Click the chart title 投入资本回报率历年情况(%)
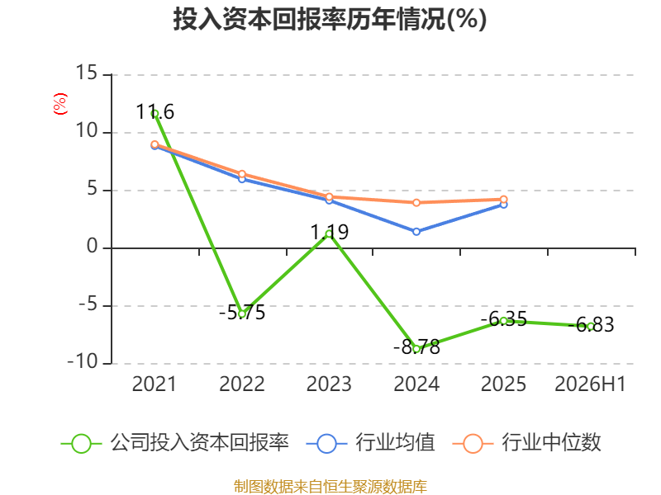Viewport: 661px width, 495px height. (330, 19)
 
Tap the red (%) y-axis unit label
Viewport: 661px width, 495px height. (59, 104)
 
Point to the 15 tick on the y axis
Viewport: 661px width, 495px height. (87, 73)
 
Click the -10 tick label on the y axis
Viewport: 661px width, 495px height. (83, 361)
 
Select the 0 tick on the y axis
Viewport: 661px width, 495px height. (93, 246)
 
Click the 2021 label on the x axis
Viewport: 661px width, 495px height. (154, 384)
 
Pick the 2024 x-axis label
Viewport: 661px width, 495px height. (416, 384)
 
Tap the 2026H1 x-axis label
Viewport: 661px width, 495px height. (590, 384)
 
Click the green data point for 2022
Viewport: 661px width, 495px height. (242, 314)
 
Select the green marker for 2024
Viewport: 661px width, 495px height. (416, 349)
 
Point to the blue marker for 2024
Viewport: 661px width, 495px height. (416, 232)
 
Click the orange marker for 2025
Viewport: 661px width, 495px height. (504, 199)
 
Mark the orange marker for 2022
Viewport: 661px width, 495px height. (242, 174)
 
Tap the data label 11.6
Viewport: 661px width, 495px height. (155, 112)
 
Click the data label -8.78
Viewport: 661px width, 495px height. (416, 347)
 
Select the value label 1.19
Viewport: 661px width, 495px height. (329, 233)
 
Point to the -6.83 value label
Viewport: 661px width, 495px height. (591, 325)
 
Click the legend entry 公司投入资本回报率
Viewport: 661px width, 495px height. (175, 443)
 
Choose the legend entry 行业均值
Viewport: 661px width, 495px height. (371, 443)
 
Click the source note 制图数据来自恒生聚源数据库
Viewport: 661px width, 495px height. (330, 487)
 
